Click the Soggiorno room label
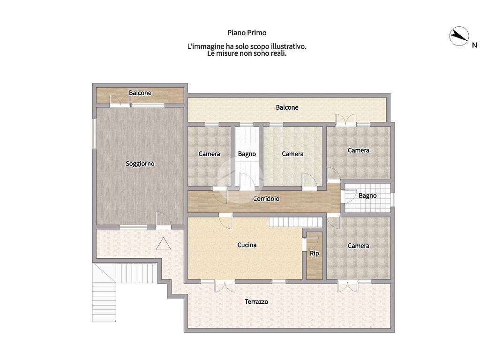140,164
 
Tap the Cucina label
247,245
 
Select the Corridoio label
266,199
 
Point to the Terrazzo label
256,301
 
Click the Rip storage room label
315,254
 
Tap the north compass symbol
459,36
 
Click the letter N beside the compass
474,45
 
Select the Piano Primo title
247,33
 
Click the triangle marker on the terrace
163,244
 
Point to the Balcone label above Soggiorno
140,93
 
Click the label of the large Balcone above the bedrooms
287,107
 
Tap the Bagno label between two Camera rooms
247,154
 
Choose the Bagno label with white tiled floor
367,195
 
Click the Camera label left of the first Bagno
209,154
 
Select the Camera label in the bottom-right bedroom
359,246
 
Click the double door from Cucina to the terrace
225,286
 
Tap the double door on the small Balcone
120,100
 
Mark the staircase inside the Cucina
296,222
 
